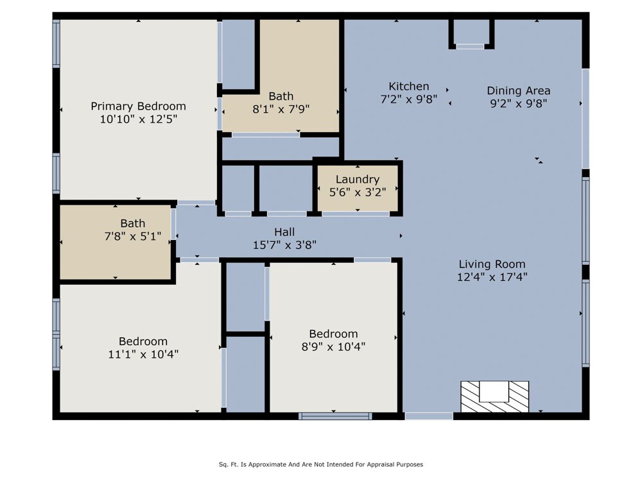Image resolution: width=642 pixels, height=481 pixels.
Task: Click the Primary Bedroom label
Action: [x=139, y=106]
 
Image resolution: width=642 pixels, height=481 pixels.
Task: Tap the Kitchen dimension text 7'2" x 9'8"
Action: [x=408, y=99]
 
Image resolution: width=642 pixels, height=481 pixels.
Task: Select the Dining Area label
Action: [x=518, y=91]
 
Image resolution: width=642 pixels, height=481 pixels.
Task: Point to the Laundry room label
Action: [x=358, y=179]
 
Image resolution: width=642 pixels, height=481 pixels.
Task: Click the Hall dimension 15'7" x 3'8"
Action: [x=284, y=245]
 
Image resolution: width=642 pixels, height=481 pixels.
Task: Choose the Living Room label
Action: [x=492, y=264]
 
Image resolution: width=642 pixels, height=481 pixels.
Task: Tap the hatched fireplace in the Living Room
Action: [x=494, y=396]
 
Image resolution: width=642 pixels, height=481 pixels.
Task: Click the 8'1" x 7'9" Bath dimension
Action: [x=281, y=109]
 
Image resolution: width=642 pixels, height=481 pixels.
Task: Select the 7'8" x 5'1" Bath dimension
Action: [x=133, y=237]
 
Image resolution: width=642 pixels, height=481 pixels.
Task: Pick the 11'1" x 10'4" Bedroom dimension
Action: [x=143, y=354]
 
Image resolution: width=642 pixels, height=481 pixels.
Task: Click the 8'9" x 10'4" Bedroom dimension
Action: [x=333, y=347]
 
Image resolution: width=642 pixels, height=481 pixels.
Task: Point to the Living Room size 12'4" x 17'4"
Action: [x=492, y=277]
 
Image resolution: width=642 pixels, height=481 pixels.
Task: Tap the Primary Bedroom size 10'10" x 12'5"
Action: [x=139, y=119]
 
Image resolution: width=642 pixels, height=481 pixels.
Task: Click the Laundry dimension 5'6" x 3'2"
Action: [x=358, y=192]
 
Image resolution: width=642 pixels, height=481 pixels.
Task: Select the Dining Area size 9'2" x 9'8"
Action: [x=518, y=103]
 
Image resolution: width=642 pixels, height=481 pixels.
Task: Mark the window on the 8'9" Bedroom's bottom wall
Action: [x=335, y=416]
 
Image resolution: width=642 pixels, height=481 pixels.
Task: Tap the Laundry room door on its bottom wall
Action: [x=356, y=214]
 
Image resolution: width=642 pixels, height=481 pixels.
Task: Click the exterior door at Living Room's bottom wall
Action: [x=429, y=416]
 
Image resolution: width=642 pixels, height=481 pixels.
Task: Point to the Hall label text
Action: [x=284, y=232]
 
